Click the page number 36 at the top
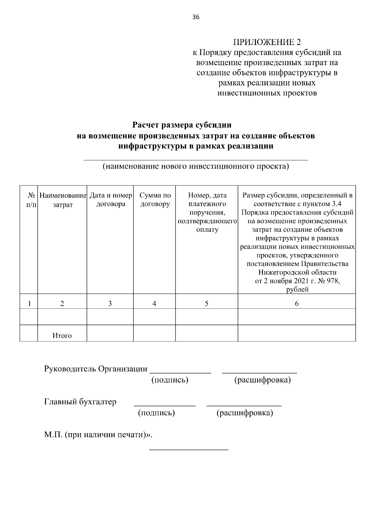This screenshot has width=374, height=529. (196, 17)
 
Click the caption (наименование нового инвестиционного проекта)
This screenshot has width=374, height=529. (196, 166)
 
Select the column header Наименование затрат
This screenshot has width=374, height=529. (62, 200)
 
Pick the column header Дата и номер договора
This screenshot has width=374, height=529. (111, 200)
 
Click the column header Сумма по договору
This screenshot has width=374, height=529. (155, 200)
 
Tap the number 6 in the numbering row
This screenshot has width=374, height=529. (296, 304)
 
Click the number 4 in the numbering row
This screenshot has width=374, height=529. (154, 304)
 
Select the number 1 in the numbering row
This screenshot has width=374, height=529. (29, 304)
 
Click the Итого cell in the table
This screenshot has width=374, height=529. (62, 336)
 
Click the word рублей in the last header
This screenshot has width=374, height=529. (297, 290)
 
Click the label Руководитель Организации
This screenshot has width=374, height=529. (96, 369)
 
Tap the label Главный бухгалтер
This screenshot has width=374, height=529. (80, 402)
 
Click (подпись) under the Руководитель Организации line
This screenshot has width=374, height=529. (170, 380)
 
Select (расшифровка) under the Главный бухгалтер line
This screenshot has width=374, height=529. (245, 413)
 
